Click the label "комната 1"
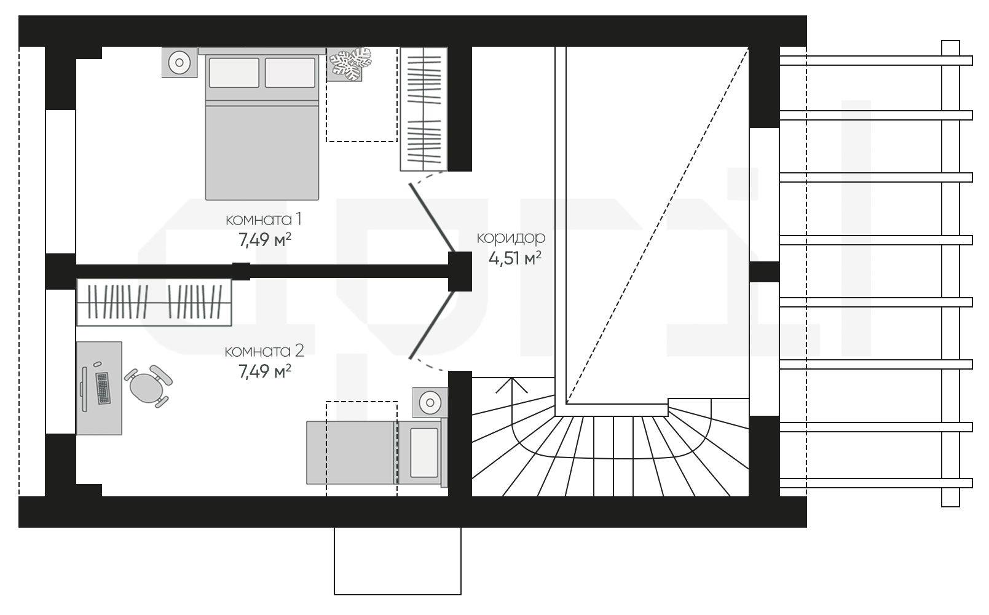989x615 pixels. coord(264,219)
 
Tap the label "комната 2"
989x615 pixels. coord(264,351)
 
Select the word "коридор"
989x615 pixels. coord(511,237)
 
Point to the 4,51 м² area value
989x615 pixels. coord(515,258)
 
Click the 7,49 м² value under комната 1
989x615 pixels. coord(265,240)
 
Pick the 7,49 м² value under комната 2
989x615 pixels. coord(265,371)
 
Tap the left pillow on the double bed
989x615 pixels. coord(234,72)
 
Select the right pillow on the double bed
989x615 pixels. coord(290,72)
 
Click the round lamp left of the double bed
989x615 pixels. coord(179,62)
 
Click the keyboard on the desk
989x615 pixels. coord(103,388)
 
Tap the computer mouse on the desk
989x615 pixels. coord(97,364)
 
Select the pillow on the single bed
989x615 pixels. coord(424,453)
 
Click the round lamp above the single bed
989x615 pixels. coord(430,402)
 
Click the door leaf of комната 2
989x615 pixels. coord(432,325)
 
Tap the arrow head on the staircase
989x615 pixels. coord(511,385)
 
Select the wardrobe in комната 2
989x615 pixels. coord(154,302)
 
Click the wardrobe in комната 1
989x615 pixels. coord(424,109)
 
